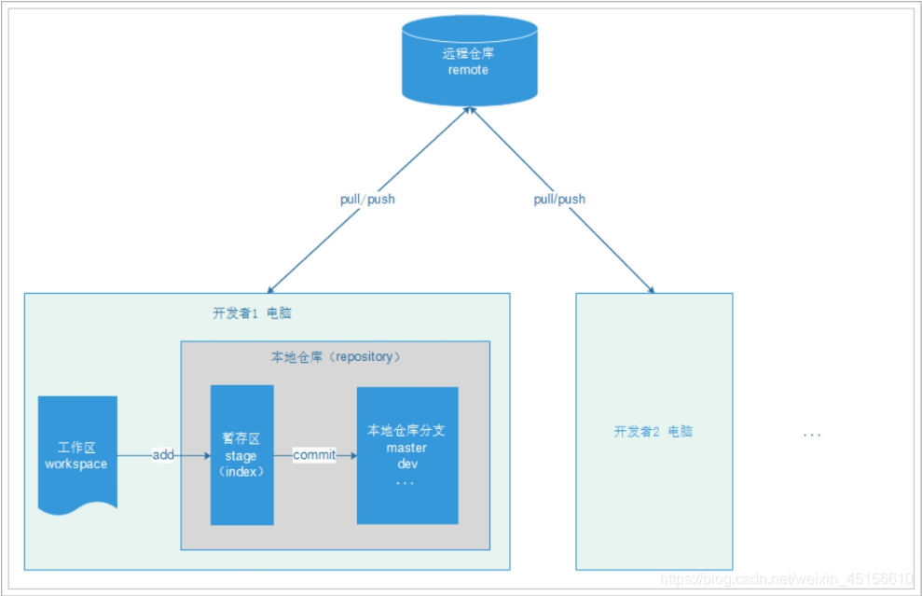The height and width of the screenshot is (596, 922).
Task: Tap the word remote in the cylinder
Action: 468,70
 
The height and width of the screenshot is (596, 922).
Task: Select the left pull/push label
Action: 366,200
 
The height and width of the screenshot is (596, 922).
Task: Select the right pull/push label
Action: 559,199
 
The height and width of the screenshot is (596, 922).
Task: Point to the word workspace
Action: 76,464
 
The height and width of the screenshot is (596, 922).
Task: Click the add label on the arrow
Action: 163,454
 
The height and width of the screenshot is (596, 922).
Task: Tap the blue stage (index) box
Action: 242,454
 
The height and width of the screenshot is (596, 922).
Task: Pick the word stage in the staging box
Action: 241,456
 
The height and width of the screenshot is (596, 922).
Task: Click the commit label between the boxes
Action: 314,454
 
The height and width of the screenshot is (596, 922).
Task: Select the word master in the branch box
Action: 406,448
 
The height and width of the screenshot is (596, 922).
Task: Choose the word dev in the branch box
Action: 406,464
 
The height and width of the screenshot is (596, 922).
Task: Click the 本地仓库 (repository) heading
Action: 337,357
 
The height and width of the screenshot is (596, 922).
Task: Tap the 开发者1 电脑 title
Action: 252,313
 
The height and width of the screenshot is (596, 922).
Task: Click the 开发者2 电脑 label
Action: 654,432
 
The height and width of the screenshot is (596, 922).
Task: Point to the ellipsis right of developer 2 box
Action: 812,435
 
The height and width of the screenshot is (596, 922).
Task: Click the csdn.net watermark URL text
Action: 787,580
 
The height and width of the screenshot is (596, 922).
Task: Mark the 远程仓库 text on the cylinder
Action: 468,54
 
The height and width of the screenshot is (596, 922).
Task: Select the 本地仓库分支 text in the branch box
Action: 406,431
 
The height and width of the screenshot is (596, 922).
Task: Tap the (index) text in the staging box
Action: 241,472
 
